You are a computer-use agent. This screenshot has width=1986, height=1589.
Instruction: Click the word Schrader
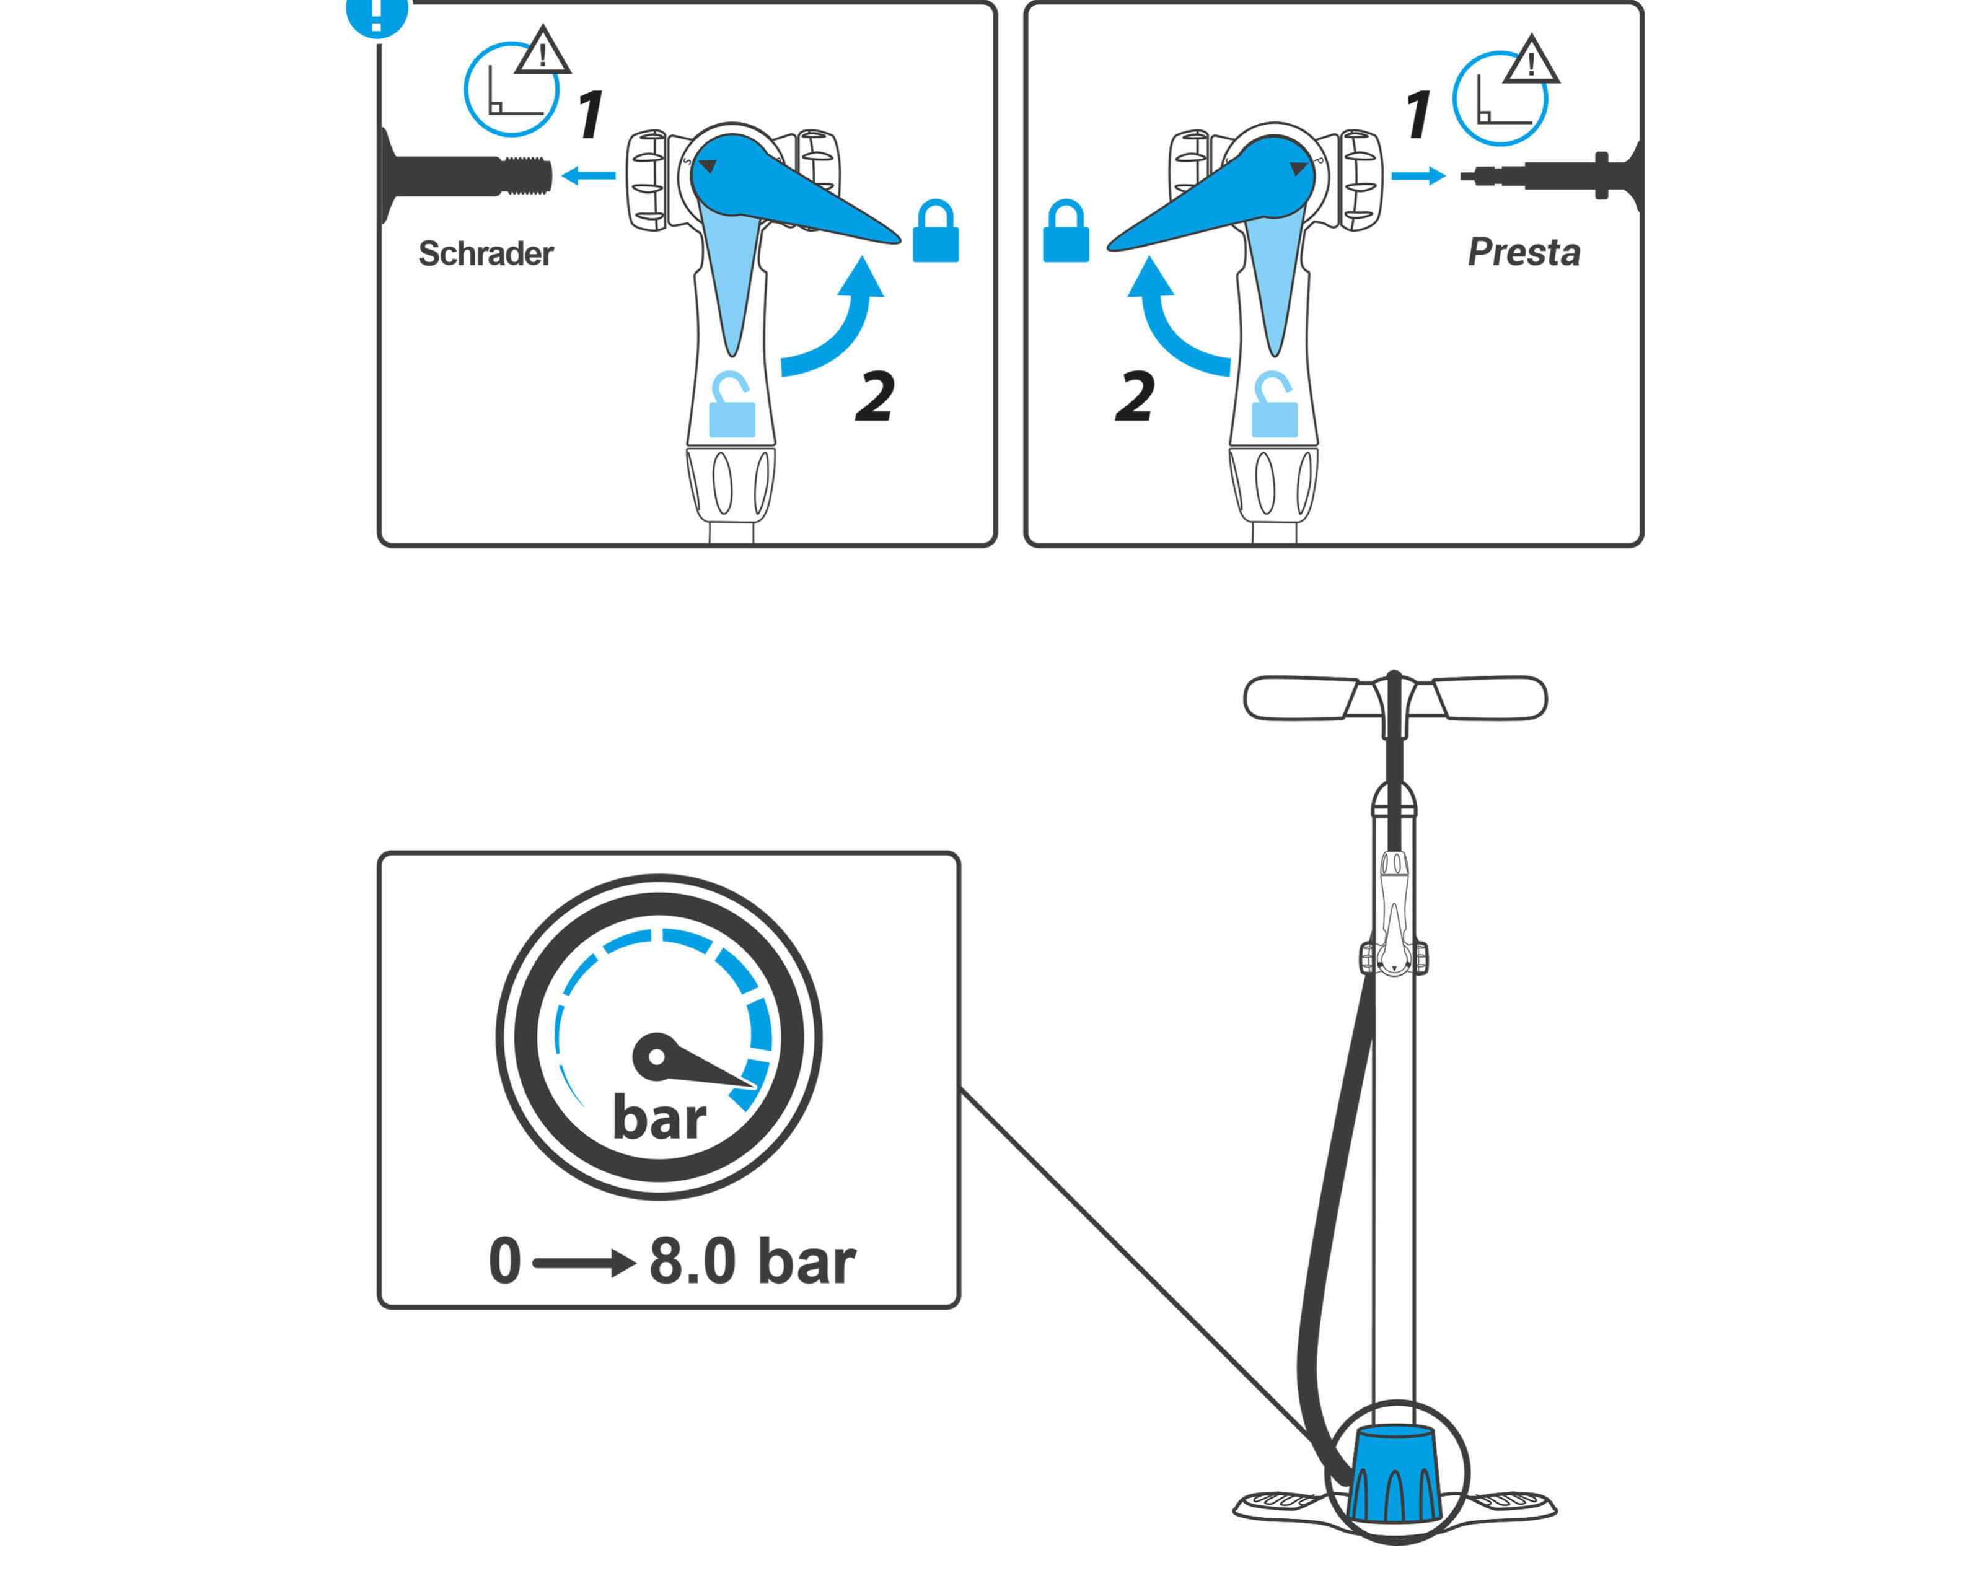coord(485,253)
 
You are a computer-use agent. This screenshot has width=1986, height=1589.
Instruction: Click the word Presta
coord(1524,252)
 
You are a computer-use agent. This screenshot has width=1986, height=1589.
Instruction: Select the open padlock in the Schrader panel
coord(732,405)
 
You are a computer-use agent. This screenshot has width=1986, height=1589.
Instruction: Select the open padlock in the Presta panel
coord(1275,405)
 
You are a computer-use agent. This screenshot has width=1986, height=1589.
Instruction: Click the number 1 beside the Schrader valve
coord(591,114)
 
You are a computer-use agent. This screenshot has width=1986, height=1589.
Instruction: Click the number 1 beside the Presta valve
coord(1418,114)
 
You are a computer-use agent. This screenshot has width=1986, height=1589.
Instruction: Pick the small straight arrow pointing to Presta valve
coord(1418,175)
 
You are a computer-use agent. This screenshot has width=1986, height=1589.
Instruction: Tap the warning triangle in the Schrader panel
coord(543,51)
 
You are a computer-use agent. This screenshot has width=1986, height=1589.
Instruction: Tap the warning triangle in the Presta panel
coord(1531,61)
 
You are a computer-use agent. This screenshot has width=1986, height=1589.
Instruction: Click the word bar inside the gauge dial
coord(659,1118)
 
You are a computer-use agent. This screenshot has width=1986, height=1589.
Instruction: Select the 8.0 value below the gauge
coord(693,1261)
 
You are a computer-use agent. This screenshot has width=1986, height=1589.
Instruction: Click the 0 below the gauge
coord(505,1261)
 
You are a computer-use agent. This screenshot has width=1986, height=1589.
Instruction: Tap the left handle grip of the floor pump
coord(1301,698)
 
